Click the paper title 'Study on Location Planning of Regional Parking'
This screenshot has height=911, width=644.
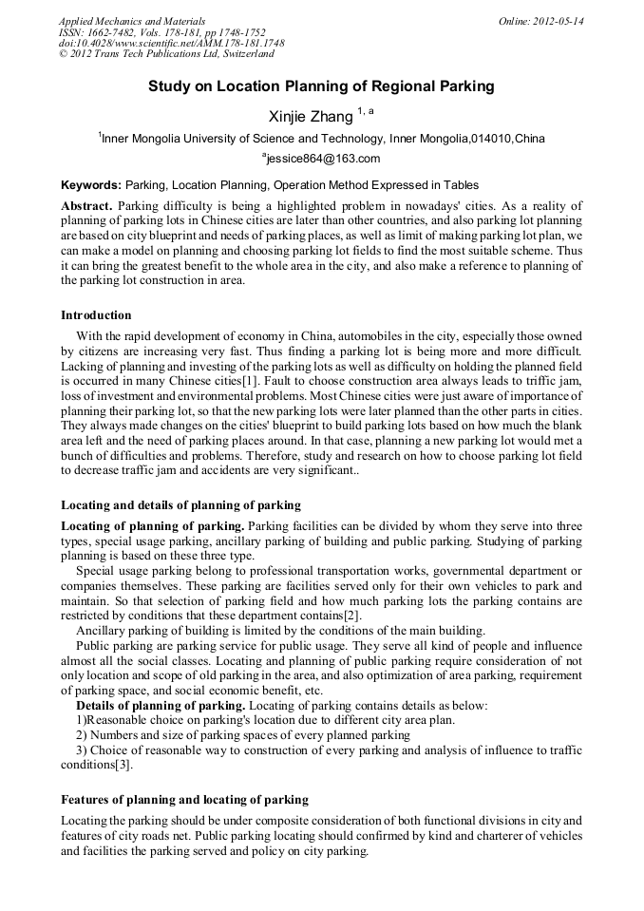coord(321,86)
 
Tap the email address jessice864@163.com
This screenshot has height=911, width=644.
coord(322,159)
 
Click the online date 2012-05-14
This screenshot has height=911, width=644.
coord(541,21)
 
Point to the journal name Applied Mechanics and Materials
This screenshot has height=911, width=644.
coord(132,21)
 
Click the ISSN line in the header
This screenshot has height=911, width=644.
coord(161,32)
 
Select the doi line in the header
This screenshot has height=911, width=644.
coord(171,44)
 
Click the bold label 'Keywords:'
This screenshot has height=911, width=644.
coord(91,185)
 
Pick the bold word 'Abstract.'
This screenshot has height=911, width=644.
coord(87,206)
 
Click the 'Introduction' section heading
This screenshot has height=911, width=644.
coord(96,315)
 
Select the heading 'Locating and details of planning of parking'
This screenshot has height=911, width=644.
coord(180,505)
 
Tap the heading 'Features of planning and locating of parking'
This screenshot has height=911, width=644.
coord(184,800)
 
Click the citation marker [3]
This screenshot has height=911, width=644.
coord(124,764)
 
